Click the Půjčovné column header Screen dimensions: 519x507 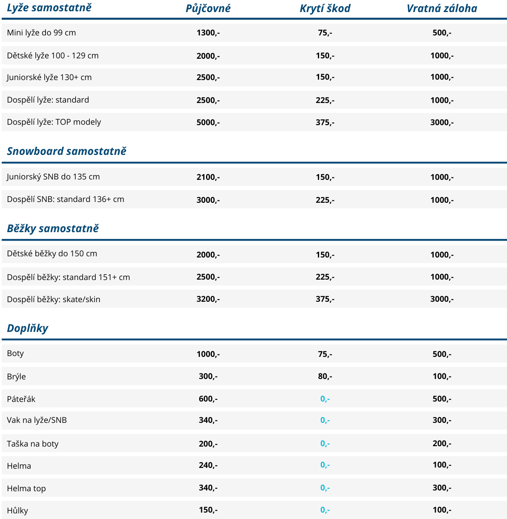[208, 8]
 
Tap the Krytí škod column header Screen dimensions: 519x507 [325, 8]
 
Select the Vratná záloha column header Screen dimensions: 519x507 [442, 8]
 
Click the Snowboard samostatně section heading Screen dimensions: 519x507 [67, 151]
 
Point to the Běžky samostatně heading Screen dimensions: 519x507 [53, 229]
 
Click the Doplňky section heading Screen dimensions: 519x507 [27, 328]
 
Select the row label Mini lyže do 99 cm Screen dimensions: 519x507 [41, 33]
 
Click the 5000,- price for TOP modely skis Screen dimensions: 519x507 [208, 122]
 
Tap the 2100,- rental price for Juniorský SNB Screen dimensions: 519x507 [208, 177]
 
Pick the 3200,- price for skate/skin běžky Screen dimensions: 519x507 [208, 299]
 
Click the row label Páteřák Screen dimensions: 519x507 [21, 399]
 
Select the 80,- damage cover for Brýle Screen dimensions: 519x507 [325, 376]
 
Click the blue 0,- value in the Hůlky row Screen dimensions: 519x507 [325, 510]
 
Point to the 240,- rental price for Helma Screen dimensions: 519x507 [208, 465]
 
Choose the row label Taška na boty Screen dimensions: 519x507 [33, 444]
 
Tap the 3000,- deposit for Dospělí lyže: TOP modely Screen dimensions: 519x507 [442, 122]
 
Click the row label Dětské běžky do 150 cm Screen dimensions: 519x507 [52, 253]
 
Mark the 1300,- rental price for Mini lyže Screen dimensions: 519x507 [208, 33]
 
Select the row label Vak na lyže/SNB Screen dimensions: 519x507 [37, 420]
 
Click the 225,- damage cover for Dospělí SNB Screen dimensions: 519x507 [325, 200]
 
